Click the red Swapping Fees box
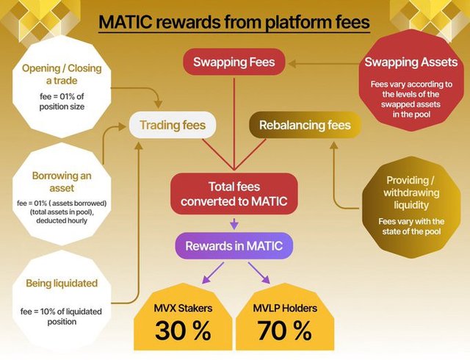[234, 62]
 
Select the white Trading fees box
[173, 125]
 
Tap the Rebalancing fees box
[305, 125]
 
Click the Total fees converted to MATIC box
[234, 194]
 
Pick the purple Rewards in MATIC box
[234, 245]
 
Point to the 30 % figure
[183, 331]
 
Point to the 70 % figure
[285, 331]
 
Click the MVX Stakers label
[183, 308]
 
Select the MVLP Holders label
[285, 308]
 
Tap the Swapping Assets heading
[411, 62]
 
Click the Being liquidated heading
[62, 283]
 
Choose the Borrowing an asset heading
[62, 181]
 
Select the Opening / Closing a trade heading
[62, 74]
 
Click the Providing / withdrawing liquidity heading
[411, 192]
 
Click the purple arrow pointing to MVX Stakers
[213, 273]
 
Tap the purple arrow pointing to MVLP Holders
[259, 273]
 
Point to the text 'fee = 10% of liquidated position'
[62, 317]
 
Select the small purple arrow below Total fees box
[234, 224]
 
